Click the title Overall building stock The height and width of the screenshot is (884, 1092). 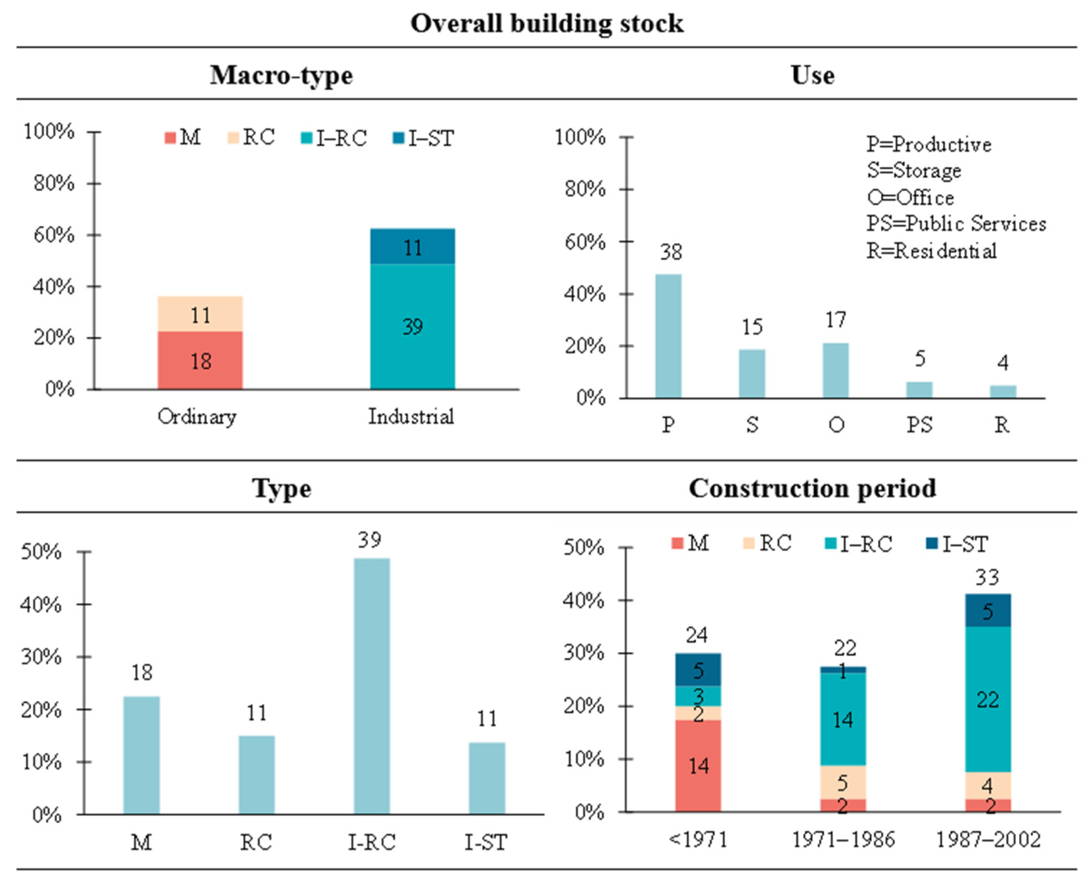[x=546, y=23]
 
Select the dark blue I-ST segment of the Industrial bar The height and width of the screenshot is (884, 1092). [x=412, y=247]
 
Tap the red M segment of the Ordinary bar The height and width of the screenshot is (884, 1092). [x=200, y=361]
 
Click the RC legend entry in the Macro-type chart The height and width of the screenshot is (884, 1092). [x=252, y=138]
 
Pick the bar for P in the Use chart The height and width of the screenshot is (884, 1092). [x=668, y=336]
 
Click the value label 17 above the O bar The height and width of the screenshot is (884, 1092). [x=836, y=320]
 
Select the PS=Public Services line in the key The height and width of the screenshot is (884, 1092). [x=956, y=224]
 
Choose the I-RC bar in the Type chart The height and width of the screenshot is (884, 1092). [x=372, y=686]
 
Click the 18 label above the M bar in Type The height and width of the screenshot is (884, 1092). [x=142, y=673]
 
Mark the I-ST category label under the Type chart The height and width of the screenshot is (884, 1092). [x=486, y=843]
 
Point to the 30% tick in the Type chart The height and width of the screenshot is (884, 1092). [x=41, y=657]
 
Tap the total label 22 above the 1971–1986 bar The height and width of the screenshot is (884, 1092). [x=845, y=648]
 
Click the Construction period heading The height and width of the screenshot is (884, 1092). [x=812, y=488]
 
